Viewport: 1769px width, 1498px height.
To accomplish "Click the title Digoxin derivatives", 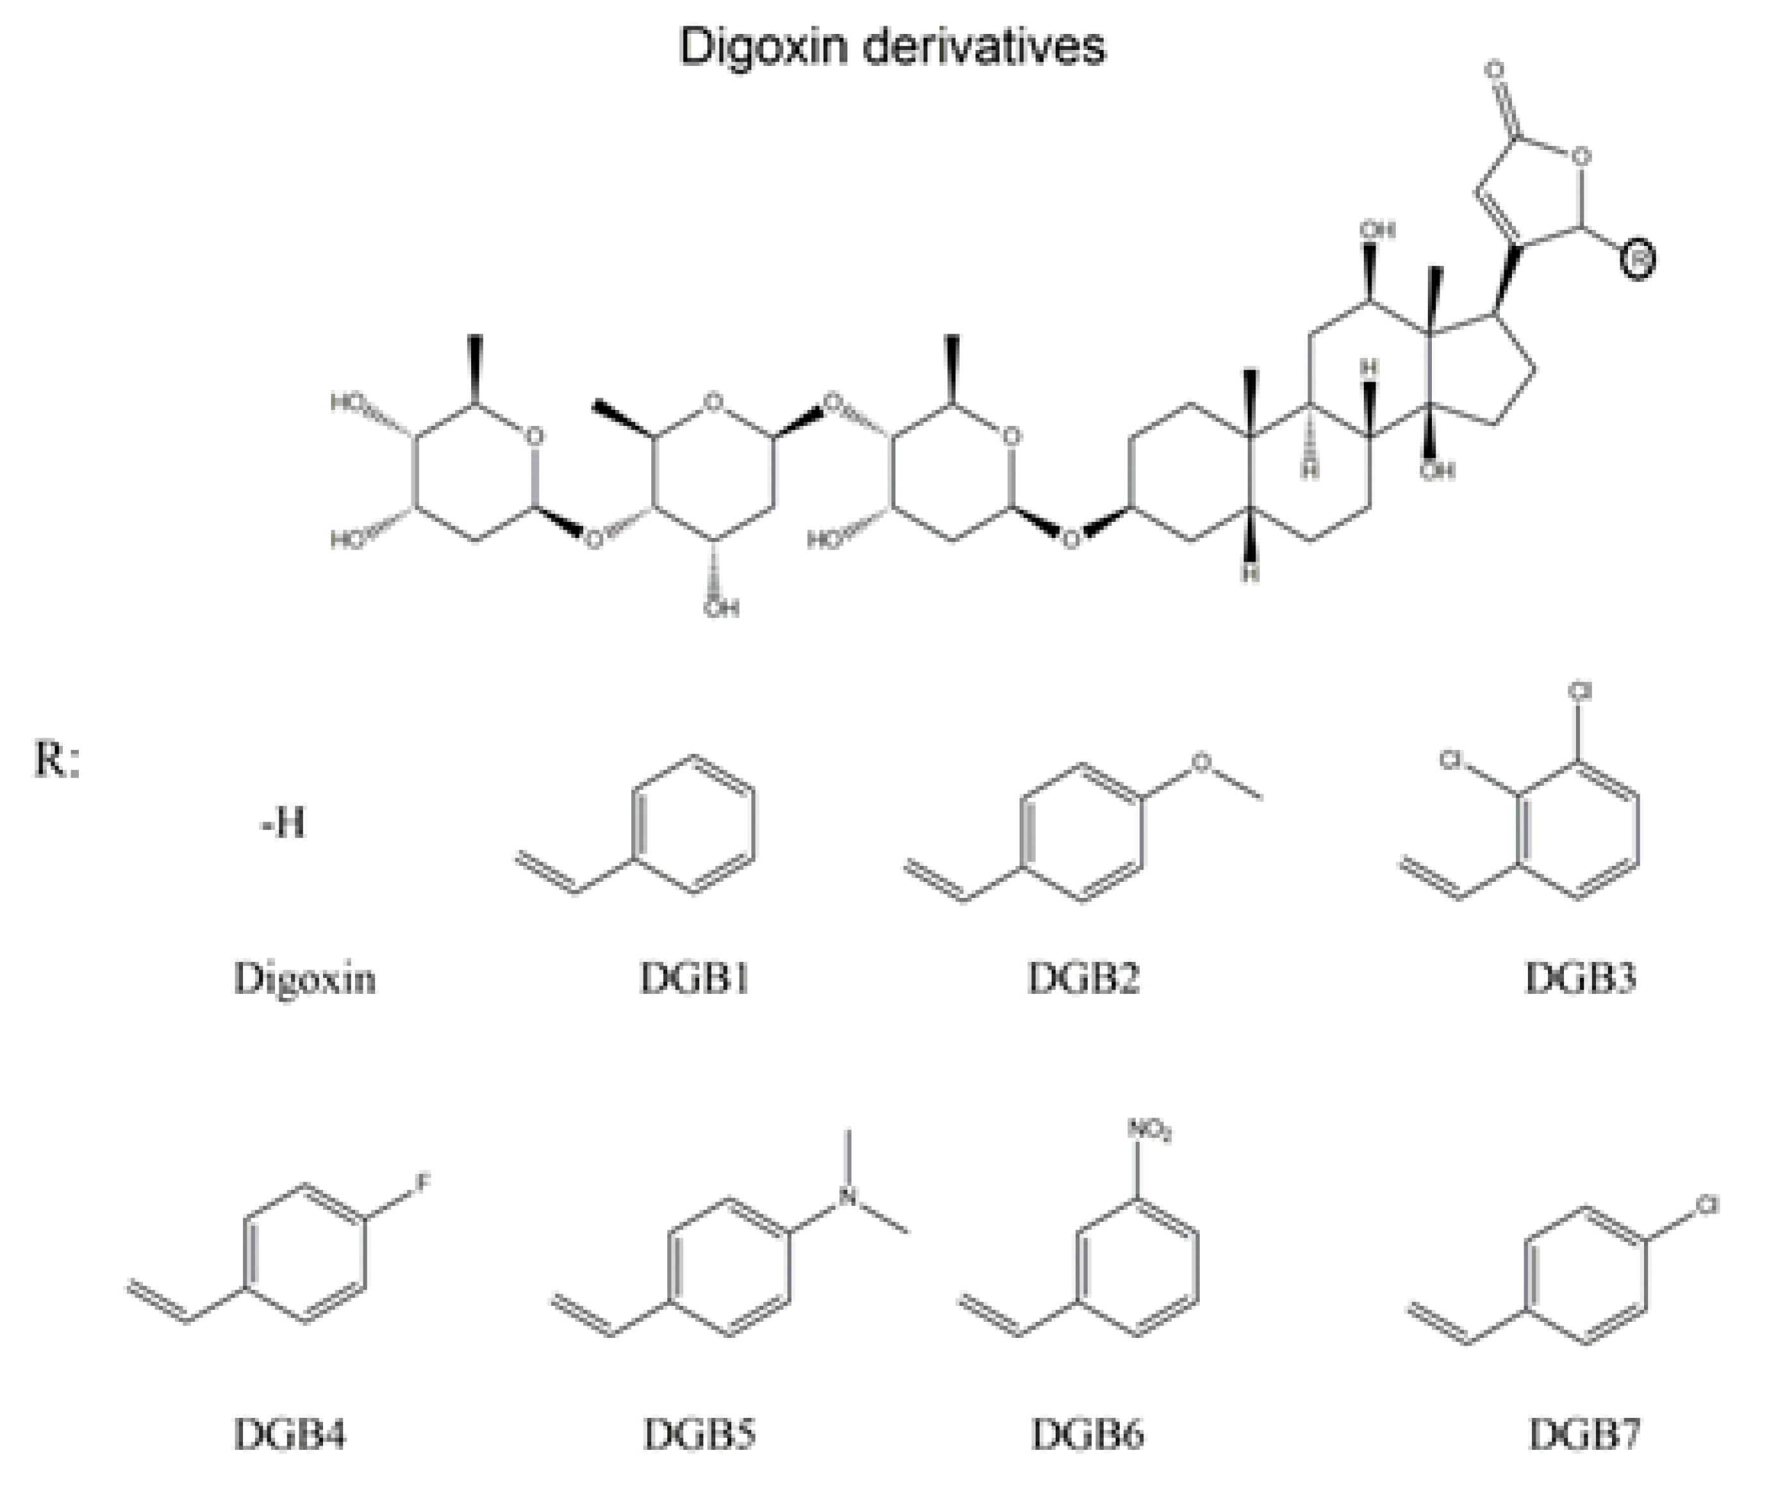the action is [x=892, y=47].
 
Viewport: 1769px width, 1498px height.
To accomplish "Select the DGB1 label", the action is [x=695, y=979].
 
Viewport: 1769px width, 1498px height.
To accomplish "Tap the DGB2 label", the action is [x=1083, y=979].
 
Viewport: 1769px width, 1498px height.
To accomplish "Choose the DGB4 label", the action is [x=290, y=1435].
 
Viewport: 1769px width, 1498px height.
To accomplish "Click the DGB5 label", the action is [x=699, y=1435].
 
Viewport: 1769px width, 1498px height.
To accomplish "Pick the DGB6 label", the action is [x=1088, y=1435].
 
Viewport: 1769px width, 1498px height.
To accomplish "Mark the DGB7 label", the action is [x=1584, y=1435].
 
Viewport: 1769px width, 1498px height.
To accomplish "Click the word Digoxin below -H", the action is [x=304, y=979].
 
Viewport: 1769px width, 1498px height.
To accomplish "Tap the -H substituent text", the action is [x=283, y=823].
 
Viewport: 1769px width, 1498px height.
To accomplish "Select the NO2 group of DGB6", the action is [x=1150, y=1130].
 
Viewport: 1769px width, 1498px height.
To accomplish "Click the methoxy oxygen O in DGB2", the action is [x=1200, y=761].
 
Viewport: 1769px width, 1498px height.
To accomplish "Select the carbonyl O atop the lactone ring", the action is [x=1496, y=70].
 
